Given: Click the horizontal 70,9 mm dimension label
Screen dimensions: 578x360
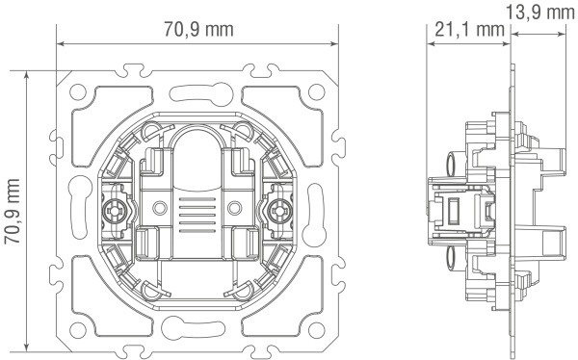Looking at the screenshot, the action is [198, 29].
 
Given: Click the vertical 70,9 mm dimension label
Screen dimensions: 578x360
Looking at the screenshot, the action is [13, 211].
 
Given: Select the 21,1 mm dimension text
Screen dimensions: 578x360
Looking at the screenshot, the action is [469, 29].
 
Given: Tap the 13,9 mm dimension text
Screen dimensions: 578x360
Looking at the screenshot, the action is [539, 13].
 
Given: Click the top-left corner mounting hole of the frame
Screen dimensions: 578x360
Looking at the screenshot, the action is [78, 91].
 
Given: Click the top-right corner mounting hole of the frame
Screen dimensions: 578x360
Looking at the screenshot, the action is [316, 91].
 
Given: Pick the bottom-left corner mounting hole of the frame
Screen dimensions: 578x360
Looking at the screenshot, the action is [78, 330].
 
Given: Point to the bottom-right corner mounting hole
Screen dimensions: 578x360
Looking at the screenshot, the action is [316, 330].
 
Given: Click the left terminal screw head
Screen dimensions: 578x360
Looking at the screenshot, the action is [115, 211].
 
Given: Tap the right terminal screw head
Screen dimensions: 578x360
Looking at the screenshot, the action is [279, 211].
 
